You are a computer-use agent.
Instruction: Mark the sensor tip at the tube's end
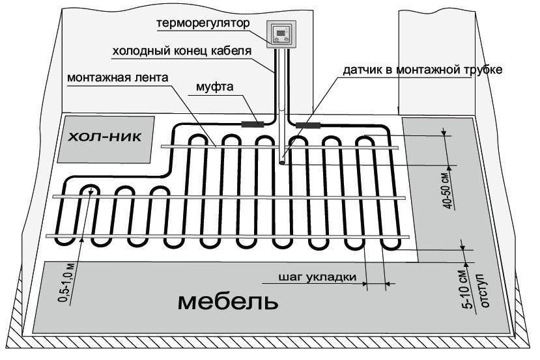282,163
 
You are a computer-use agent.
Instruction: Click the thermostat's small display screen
281,31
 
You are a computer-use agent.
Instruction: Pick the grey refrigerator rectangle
106,139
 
